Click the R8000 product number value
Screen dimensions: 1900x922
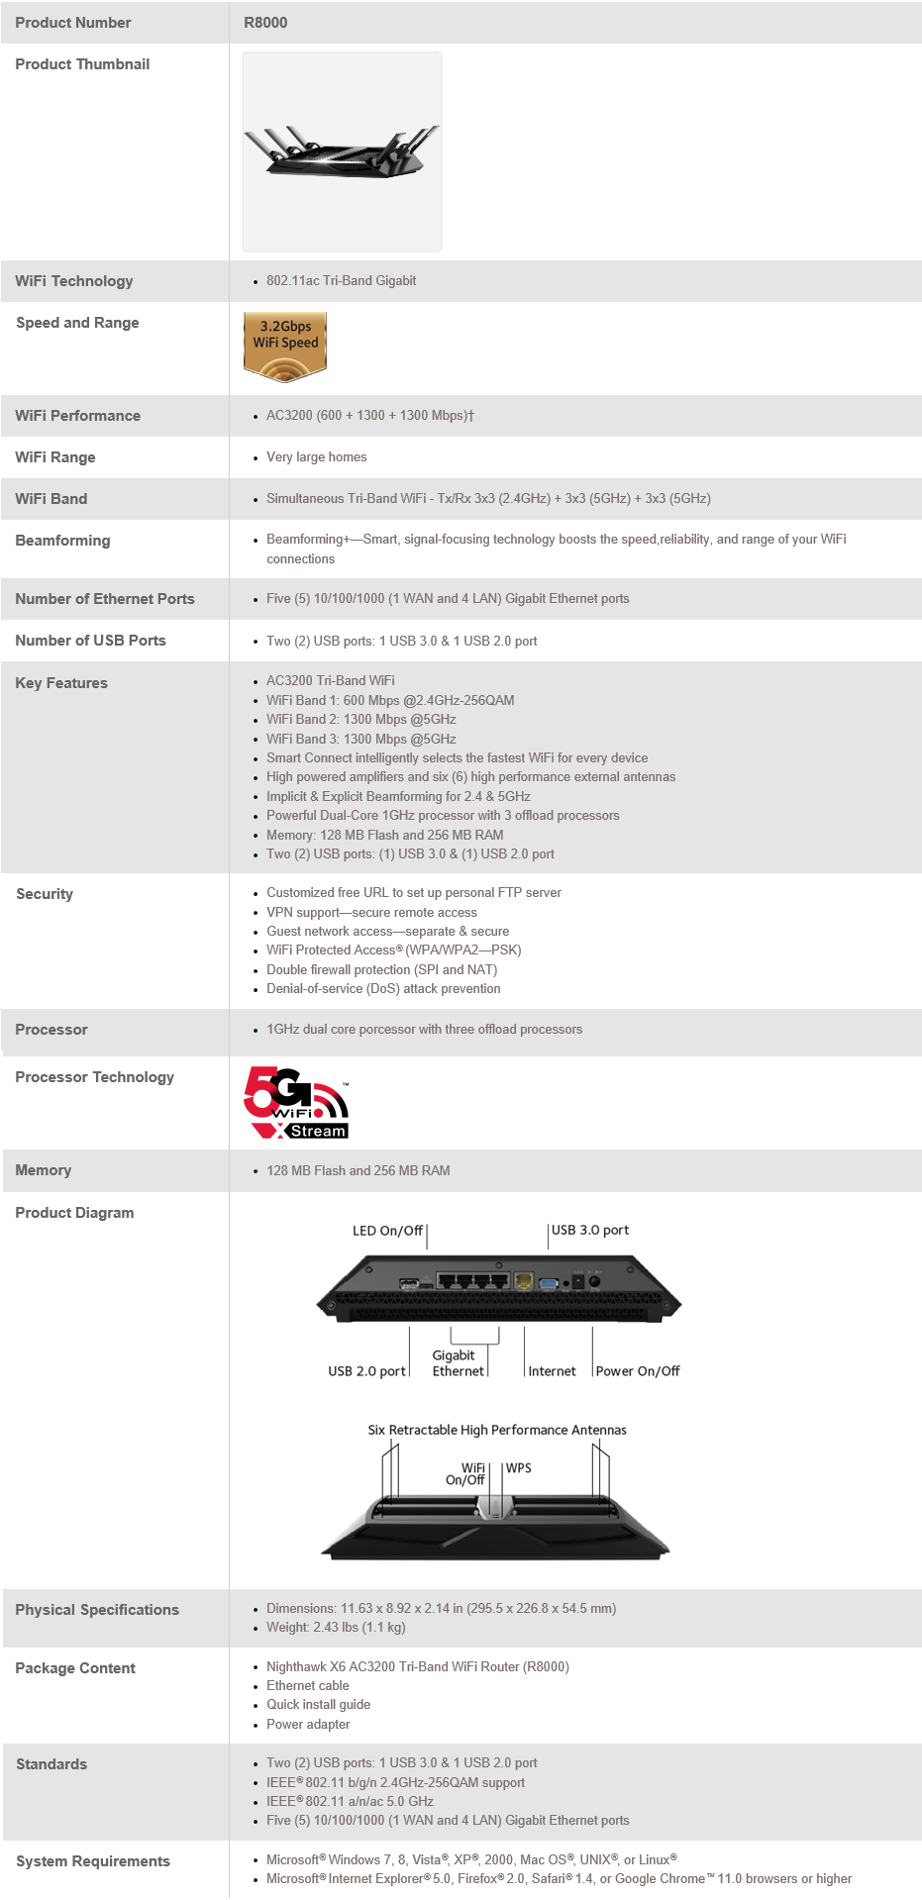pos(265,23)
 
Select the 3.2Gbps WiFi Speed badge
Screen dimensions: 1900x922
pos(285,346)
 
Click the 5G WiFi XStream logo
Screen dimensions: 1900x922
pos(296,1103)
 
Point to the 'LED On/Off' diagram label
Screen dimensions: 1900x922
pos(387,1231)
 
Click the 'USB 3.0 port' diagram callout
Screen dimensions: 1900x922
pos(590,1230)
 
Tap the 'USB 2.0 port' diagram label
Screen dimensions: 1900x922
pos(366,1371)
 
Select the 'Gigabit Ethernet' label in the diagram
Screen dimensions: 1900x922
pos(457,1363)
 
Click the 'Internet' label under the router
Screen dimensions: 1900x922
pos(552,1371)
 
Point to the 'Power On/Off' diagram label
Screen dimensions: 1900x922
pos(638,1371)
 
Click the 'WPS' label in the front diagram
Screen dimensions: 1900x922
pos(519,1468)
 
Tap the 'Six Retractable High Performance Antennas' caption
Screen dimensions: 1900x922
pos(497,1430)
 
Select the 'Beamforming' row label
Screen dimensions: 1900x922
pos(62,541)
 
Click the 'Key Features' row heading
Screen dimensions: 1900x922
pos(61,683)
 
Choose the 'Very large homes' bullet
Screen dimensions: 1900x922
pos(316,457)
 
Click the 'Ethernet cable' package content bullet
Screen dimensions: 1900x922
pos(307,1685)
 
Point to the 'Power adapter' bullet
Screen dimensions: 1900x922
pos(308,1724)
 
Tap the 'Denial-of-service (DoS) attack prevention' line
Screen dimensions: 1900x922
pos(383,988)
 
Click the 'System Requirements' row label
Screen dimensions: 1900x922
pos(93,1861)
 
